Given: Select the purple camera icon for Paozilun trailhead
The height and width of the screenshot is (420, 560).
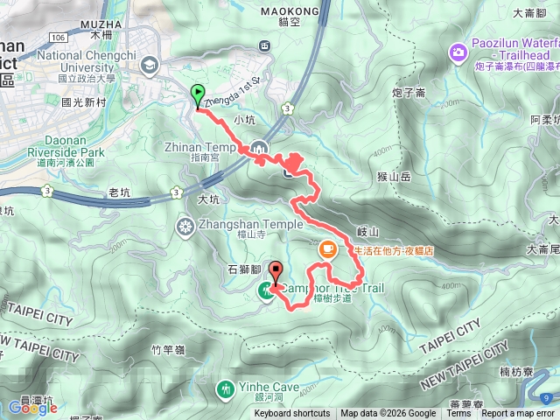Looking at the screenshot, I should tap(457, 54).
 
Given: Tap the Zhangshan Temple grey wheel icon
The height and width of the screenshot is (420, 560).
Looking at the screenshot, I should tap(185, 227).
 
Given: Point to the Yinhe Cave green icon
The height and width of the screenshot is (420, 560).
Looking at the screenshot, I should tap(227, 387).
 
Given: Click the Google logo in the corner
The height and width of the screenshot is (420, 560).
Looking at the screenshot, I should tap(32, 408).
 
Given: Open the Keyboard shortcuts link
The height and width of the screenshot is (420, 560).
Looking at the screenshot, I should tap(292, 414).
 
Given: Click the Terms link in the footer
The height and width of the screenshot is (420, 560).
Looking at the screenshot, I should tap(458, 414).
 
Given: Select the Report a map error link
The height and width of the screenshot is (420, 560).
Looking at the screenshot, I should tap(520, 414).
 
